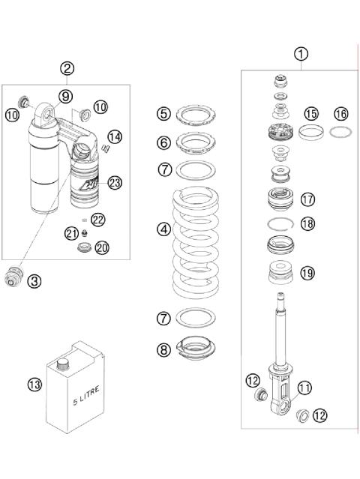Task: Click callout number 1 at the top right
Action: [301, 54]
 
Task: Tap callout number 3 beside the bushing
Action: [34, 281]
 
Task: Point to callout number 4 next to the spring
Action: [164, 229]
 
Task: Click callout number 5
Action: [164, 114]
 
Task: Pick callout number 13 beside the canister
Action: [34, 385]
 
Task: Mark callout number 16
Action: [342, 114]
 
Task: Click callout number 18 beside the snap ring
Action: [307, 223]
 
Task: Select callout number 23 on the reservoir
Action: [115, 182]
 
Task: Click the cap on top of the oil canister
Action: [63, 363]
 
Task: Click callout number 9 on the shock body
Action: [66, 96]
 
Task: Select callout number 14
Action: [115, 136]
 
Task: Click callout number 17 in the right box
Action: [307, 199]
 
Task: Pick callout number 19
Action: [307, 273]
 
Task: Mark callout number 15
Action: [310, 114]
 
